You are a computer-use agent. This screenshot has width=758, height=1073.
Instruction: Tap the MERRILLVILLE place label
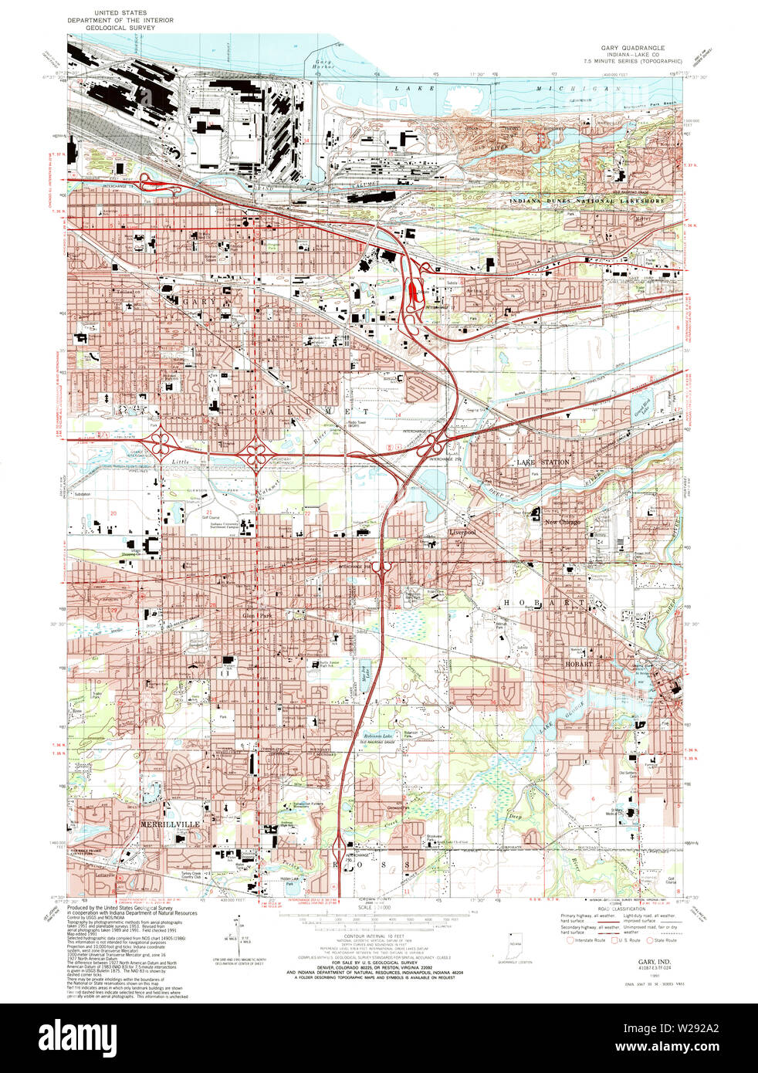pyautogui.click(x=170, y=824)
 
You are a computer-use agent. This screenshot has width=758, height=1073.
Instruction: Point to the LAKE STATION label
pyautogui.click(x=543, y=462)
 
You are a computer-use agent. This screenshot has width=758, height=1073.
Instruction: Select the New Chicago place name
pyautogui.click(x=562, y=523)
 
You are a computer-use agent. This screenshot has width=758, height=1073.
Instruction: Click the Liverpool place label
pyautogui.click(x=462, y=533)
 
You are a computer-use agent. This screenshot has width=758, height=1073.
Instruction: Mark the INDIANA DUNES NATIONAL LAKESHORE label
pyautogui.click(x=587, y=201)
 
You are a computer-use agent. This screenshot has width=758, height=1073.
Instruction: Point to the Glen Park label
pyautogui.click(x=257, y=616)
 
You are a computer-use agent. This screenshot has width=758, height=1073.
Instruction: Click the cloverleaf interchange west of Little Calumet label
pyautogui.click(x=162, y=445)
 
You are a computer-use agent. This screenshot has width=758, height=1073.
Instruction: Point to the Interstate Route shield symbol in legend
pyautogui.click(x=571, y=940)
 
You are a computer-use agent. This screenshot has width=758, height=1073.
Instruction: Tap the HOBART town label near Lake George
pyautogui.click(x=578, y=664)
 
